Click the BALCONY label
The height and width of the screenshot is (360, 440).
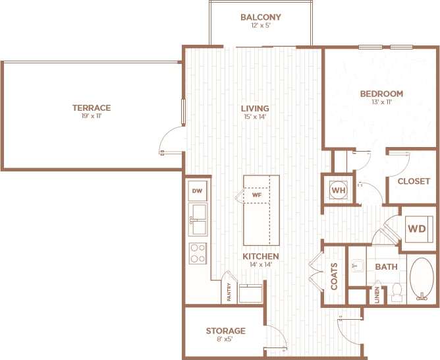(x=261, y=17)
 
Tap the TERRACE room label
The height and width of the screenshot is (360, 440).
(x=92, y=107)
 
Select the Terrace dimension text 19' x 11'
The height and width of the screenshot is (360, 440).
(x=92, y=116)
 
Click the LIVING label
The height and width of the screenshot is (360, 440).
(x=254, y=109)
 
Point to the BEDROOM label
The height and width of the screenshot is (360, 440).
(x=381, y=94)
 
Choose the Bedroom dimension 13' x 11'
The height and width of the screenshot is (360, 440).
(x=381, y=102)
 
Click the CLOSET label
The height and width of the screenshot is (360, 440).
(x=414, y=181)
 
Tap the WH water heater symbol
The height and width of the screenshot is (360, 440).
(x=339, y=191)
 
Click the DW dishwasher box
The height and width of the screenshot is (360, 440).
(x=196, y=191)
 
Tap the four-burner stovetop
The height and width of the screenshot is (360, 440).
(x=198, y=253)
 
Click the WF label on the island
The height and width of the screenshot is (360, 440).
(x=256, y=195)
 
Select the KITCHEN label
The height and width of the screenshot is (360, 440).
(x=260, y=256)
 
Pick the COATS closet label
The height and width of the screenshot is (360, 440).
(x=334, y=276)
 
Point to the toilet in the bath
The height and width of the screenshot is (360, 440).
(x=397, y=290)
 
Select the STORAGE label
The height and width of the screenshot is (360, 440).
(x=225, y=331)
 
